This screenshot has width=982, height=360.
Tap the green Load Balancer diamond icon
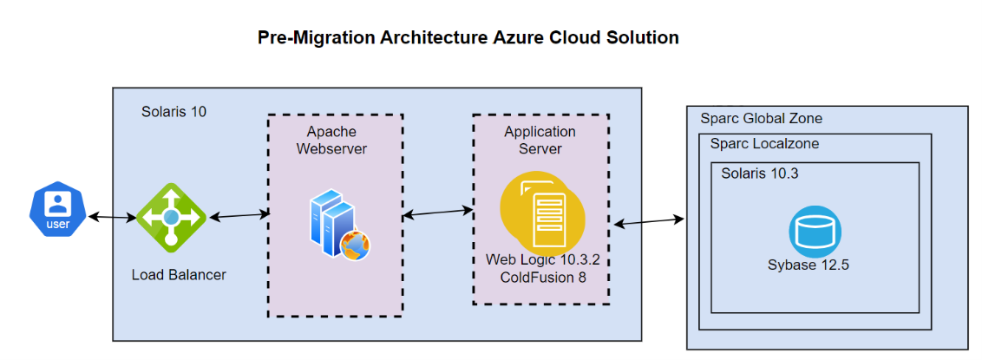pos(171,217)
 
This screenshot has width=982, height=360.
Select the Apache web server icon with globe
pos(339,228)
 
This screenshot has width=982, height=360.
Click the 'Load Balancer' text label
pos(179,275)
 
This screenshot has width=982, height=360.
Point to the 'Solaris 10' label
pos(173,112)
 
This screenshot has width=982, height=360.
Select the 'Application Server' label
pos(540,140)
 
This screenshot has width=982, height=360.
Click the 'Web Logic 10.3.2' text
pos(543,259)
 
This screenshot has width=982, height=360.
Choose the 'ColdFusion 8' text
pos(543,277)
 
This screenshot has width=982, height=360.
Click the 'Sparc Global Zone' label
pos(761,118)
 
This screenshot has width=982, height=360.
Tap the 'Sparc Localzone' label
pos(764,144)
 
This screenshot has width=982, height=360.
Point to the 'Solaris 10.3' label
pos(759,173)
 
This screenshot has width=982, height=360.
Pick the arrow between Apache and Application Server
pos(436,212)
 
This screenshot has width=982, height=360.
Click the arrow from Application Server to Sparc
pos(649,221)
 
